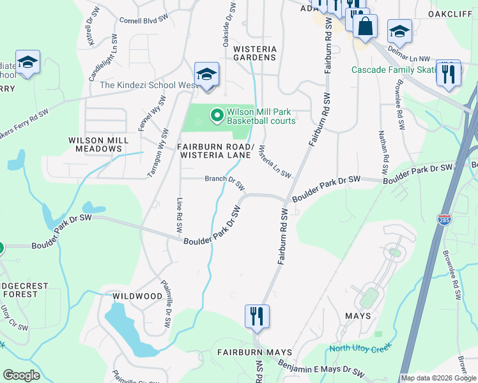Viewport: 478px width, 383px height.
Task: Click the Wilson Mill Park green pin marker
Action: point(217,116)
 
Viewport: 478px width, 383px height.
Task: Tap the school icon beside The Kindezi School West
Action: point(207,75)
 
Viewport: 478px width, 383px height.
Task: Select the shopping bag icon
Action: point(365,27)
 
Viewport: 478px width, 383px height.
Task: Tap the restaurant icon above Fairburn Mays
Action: point(257,316)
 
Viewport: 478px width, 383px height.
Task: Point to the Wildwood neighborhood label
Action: point(137,296)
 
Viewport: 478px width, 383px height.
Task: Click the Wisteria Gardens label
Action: point(254,53)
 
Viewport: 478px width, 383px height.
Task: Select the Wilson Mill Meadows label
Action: point(96,144)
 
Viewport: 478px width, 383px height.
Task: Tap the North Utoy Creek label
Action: point(360,349)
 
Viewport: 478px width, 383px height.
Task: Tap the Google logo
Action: point(21,375)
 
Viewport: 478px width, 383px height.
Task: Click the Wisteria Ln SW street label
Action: point(275,161)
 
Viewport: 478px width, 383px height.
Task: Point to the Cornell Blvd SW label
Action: point(143,20)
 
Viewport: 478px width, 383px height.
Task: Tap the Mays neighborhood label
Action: point(357,316)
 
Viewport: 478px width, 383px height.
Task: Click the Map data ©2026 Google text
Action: point(438,378)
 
